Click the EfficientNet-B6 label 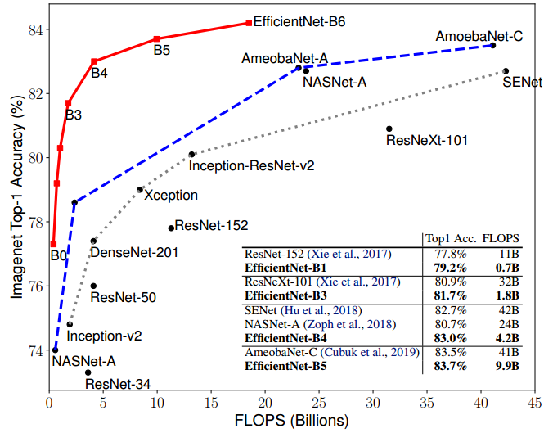pos(299,22)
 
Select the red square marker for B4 pos(94,61)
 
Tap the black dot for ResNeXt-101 pos(389,129)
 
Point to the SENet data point pos(506,71)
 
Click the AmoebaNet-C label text pos(479,37)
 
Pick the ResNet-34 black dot pos(88,372)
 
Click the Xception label pos(171,196)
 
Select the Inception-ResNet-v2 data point pos(191,154)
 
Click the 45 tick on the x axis pos(535,402)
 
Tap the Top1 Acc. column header pos(448,238)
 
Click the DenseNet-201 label pos(134,253)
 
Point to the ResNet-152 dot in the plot pos(171,228)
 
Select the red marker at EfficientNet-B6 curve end pos(248,23)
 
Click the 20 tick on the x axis pos(265,402)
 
